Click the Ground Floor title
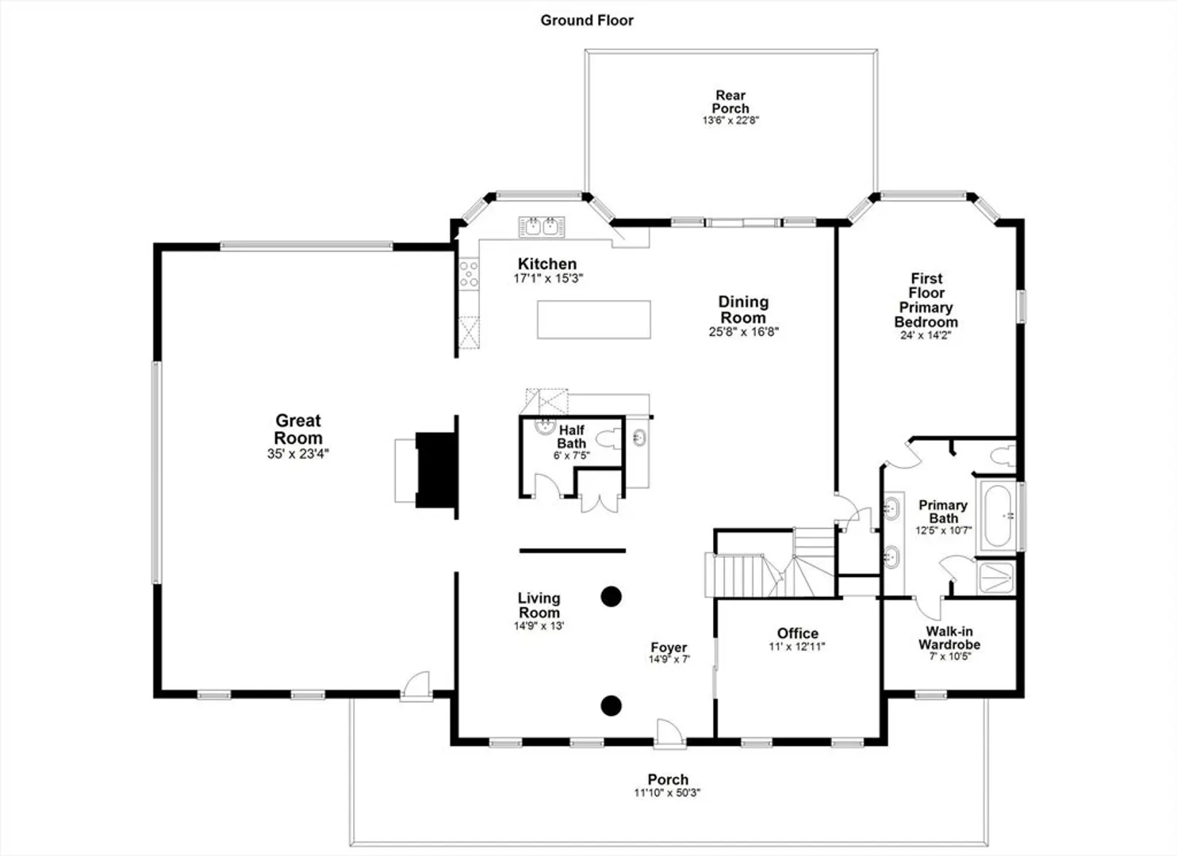[587, 21]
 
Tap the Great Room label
[298, 429]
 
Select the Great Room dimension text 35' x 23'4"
[298, 453]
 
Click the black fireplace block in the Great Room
[436, 470]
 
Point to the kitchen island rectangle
[594, 319]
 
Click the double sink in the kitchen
[542, 227]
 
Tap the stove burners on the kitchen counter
[469, 273]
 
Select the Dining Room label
[743, 310]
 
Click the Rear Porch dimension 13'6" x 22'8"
[731, 120]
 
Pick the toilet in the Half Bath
[610, 439]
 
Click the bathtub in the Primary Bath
[997, 516]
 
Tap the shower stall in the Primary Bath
[996, 578]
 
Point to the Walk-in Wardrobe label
[949, 638]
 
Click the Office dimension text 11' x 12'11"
[797, 647]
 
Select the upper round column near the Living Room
[611, 597]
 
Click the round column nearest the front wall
[611, 706]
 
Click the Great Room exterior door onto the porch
[416, 686]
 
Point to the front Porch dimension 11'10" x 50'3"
[667, 793]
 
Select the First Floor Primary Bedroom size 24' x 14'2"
[926, 335]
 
